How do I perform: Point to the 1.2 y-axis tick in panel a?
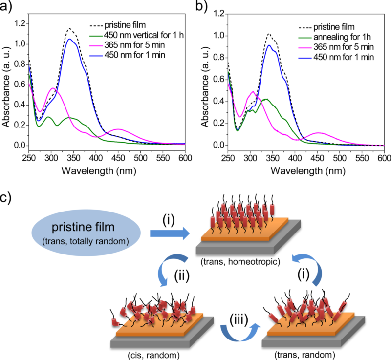pyautogui.click(x=20, y=23)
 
